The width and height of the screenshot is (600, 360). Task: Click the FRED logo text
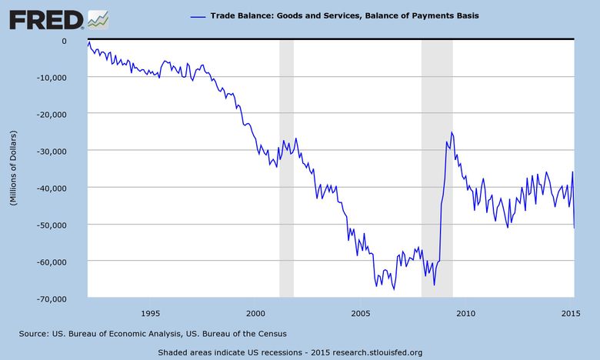pos(45,18)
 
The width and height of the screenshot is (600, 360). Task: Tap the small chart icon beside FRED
pos(98,18)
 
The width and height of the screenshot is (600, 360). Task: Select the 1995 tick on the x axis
pos(151,313)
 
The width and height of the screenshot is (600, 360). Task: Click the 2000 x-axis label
pos(256,313)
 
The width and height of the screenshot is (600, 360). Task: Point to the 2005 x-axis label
pos(361,313)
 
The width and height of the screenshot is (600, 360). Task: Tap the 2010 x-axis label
pos(466,313)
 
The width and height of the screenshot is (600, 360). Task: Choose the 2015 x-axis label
pos(571,313)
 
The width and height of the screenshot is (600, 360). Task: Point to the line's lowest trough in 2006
pos(394,289)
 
